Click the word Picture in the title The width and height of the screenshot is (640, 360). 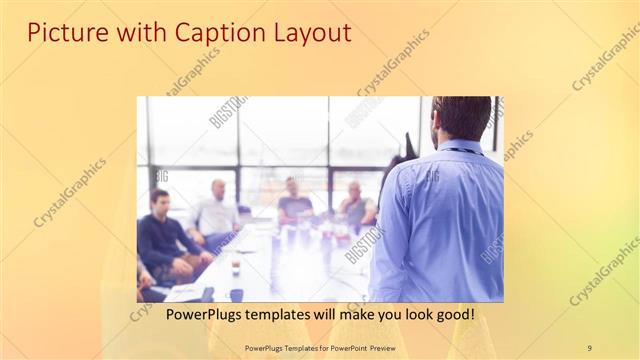62,32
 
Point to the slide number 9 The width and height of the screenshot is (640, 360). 589,347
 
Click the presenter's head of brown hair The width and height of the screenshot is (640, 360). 462,116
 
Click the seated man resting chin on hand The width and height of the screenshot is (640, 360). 355,206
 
